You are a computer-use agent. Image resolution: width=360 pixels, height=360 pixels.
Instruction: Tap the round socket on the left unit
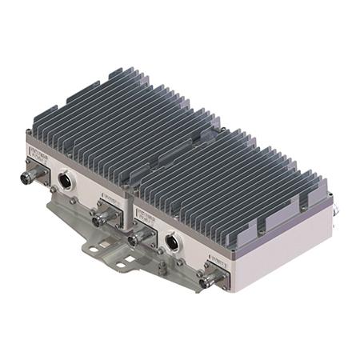[x=66, y=182]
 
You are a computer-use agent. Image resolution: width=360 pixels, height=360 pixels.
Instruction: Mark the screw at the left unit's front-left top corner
[x=30, y=132]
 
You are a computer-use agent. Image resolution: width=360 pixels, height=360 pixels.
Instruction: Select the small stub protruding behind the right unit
[x=337, y=210]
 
